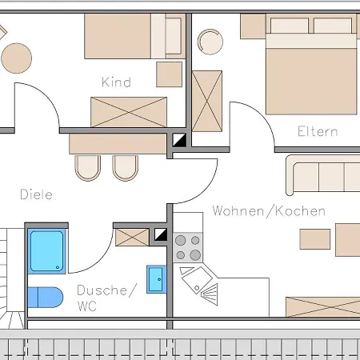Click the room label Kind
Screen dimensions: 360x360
click(116, 82)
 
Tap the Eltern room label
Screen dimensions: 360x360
click(318, 131)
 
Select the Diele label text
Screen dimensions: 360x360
click(36, 194)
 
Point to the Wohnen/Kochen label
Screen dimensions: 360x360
click(269, 211)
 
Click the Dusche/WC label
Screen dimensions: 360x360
click(106, 298)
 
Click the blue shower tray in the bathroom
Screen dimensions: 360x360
click(47, 251)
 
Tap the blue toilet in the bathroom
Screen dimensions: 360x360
click(46, 297)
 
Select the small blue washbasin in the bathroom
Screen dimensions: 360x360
click(157, 279)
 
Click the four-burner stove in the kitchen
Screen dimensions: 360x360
click(188, 248)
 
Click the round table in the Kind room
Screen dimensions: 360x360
click(17, 58)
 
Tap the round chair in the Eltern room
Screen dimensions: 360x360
click(210, 42)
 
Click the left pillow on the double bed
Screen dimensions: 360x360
click(290, 26)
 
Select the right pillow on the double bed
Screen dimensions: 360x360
click(333, 26)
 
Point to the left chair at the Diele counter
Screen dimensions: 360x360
click(88, 168)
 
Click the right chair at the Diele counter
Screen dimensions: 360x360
click(126, 168)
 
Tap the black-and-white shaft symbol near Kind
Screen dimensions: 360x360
click(179, 140)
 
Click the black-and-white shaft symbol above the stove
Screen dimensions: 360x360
click(161, 234)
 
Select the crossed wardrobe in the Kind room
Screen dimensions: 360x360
click(129, 112)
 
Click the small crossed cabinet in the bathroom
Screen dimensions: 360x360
click(132, 238)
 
